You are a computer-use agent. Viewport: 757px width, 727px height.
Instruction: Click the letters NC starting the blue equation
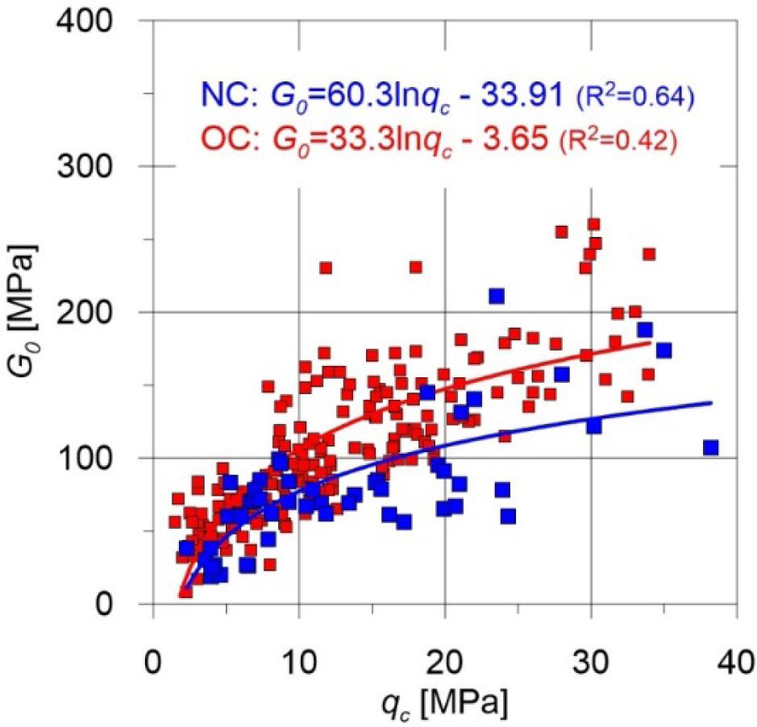click(x=220, y=97)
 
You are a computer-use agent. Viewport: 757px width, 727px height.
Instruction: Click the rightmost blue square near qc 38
click(x=710, y=447)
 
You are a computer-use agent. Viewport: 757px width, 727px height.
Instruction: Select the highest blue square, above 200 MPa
click(x=497, y=296)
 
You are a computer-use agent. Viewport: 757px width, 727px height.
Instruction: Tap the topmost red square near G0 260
click(x=593, y=224)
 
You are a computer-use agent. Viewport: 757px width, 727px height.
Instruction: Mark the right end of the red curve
click(x=650, y=342)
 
